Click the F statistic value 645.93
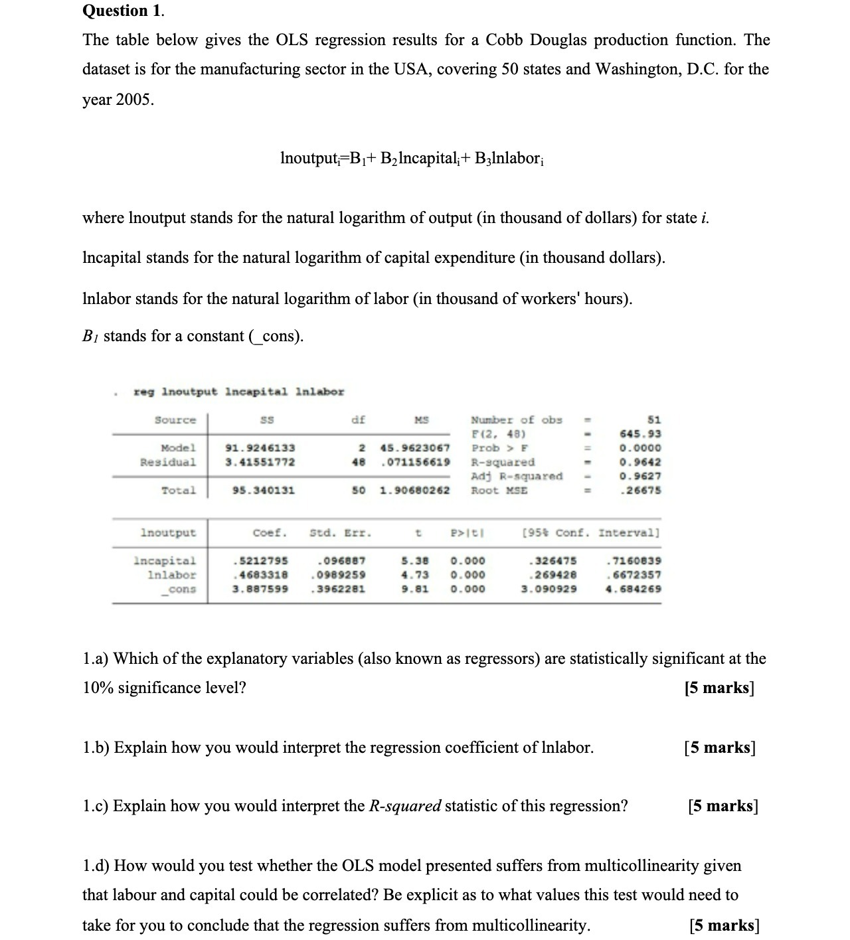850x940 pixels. coord(640,434)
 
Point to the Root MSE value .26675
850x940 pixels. coord(640,491)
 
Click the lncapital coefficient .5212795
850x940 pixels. coord(260,561)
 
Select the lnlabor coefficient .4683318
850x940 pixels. coord(260,575)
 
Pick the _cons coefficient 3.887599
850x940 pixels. coord(260,589)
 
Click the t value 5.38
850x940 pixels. coord(415,561)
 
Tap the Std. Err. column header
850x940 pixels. coord(341,533)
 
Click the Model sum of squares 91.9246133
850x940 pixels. coord(260,448)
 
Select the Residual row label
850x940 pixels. coord(168,462)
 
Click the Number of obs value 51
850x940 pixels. coord(653,420)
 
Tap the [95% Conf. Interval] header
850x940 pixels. coord(591,533)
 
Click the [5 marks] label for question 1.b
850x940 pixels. coord(720,747)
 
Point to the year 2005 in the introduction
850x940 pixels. coord(135,100)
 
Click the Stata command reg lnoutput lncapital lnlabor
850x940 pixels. coord(239,392)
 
